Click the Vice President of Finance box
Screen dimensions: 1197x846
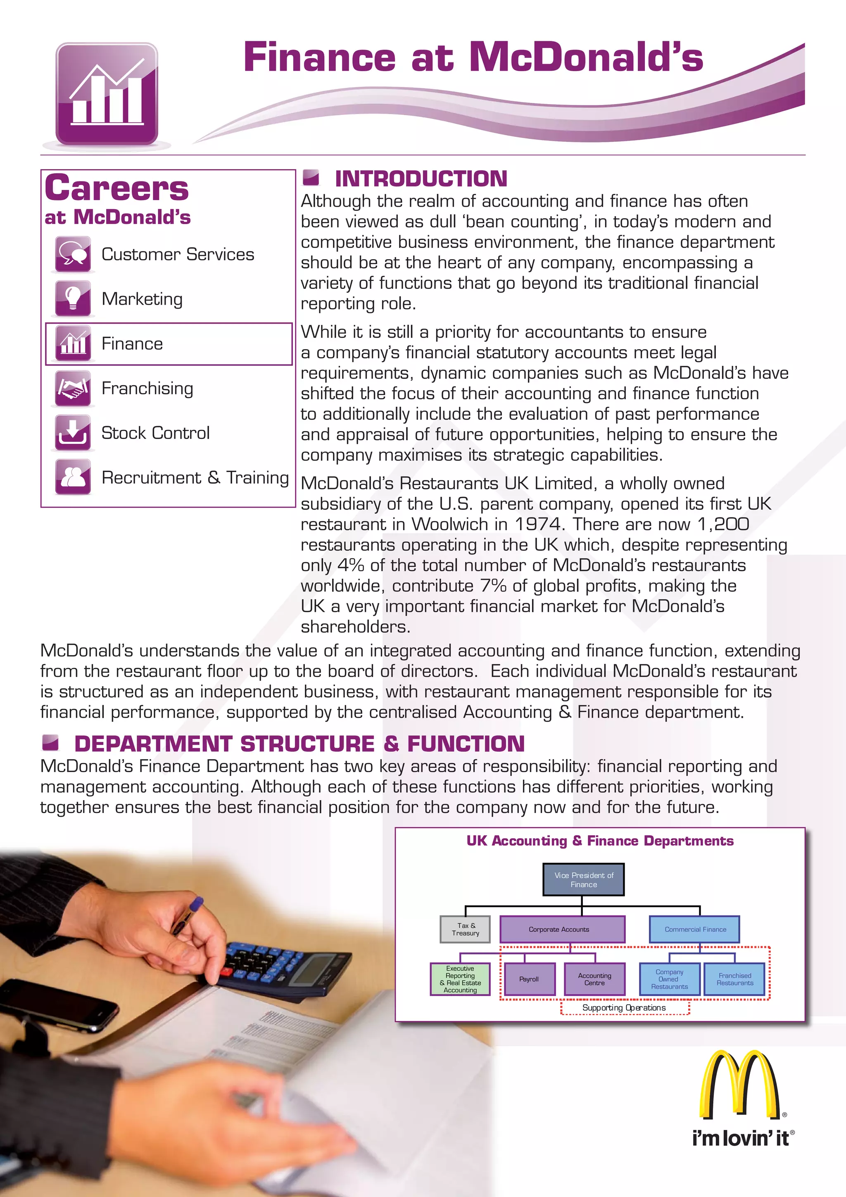click(583, 880)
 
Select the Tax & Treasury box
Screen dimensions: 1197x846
click(465, 929)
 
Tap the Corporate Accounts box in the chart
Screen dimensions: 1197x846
click(561, 929)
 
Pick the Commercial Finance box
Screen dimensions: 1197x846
click(694, 929)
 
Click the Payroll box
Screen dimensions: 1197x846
click(529, 979)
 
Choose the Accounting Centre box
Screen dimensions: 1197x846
click(594, 979)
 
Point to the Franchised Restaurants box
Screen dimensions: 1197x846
click(734, 979)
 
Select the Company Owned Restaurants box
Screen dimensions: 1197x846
click(669, 979)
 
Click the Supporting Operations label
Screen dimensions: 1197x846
click(624, 1008)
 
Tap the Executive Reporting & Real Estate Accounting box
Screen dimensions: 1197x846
click(460, 979)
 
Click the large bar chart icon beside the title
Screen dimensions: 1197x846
click(107, 94)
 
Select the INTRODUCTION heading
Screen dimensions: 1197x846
click(421, 179)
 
